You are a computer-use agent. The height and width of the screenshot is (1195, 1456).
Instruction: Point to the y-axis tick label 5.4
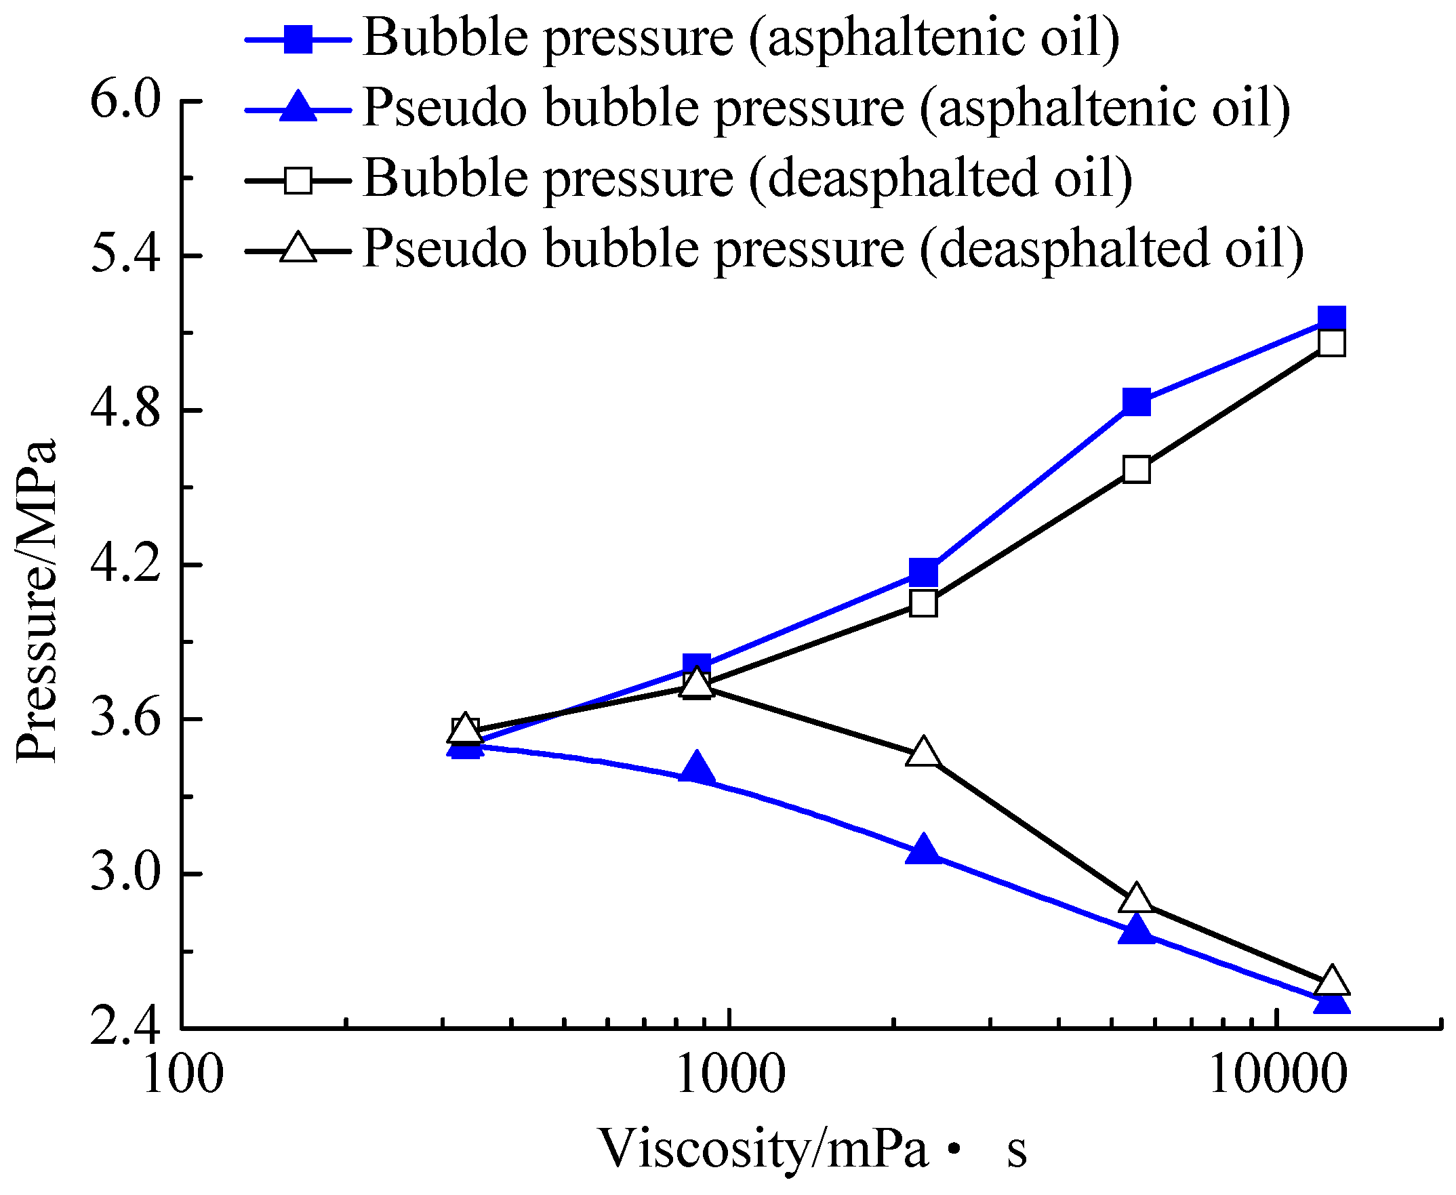125,256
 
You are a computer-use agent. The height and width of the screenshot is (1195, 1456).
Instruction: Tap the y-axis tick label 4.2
125,565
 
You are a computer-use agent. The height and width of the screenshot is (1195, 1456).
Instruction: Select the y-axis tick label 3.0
125,874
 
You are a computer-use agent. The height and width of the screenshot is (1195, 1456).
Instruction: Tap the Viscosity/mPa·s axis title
812,1148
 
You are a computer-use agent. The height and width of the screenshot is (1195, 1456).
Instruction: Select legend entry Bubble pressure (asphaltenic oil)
740,38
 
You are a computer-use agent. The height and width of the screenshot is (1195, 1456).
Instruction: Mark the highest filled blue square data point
1331,319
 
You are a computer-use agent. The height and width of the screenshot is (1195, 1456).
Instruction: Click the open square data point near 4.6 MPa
1136,470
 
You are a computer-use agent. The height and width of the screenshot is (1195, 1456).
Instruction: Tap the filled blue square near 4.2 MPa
923,571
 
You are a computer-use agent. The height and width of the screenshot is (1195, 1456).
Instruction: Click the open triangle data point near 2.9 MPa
1136,899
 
